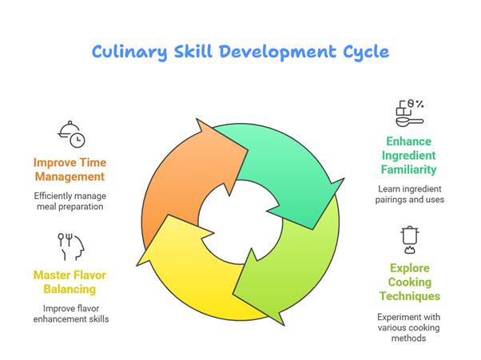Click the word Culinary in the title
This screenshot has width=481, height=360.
click(x=129, y=52)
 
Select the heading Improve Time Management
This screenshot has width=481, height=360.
click(x=70, y=169)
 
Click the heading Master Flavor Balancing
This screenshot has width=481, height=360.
click(x=70, y=282)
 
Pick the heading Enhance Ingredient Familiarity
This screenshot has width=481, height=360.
click(x=408, y=156)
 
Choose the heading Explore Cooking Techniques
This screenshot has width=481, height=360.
click(x=410, y=282)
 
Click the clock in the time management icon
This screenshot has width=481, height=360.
click(x=78, y=140)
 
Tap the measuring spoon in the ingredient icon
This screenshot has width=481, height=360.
click(x=410, y=122)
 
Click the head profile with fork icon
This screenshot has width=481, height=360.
click(x=71, y=247)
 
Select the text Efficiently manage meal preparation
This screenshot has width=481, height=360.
click(x=70, y=201)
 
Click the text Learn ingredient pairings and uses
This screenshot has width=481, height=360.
click(x=410, y=194)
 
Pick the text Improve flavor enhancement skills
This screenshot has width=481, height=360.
click(x=71, y=314)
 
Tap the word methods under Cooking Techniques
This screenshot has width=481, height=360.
click(x=408, y=338)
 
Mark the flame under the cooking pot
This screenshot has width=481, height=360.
click(x=410, y=250)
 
